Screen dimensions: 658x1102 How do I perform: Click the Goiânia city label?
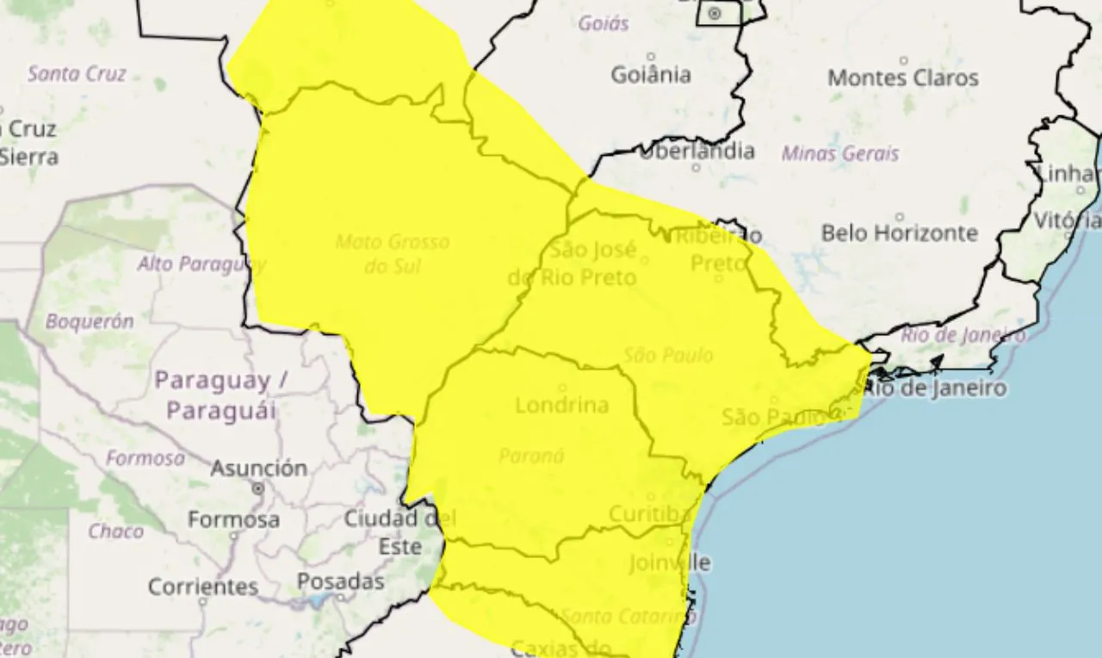(x=651, y=75)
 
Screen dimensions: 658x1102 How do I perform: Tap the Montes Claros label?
(x=903, y=78)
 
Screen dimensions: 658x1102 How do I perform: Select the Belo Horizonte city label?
(x=899, y=233)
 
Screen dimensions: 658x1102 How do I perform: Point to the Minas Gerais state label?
(x=840, y=154)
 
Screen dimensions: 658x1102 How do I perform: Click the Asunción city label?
(x=259, y=469)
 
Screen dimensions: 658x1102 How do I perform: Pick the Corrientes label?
(x=203, y=587)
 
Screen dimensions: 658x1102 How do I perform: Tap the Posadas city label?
(x=341, y=582)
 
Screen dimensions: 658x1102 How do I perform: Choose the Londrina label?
(x=561, y=405)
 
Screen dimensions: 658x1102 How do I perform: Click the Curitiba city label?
(x=650, y=514)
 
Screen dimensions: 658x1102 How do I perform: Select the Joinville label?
(x=670, y=563)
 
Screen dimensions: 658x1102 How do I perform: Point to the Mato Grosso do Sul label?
(x=393, y=254)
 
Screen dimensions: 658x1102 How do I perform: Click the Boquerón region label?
(x=90, y=322)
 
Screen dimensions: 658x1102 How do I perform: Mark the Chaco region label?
(x=115, y=531)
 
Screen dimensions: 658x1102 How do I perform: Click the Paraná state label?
(x=531, y=456)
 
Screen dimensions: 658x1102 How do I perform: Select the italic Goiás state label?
(x=604, y=23)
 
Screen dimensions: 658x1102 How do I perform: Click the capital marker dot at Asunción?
(x=258, y=488)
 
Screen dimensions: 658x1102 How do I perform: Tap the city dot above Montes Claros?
(x=903, y=60)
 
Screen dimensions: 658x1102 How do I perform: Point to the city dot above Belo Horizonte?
(x=900, y=217)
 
